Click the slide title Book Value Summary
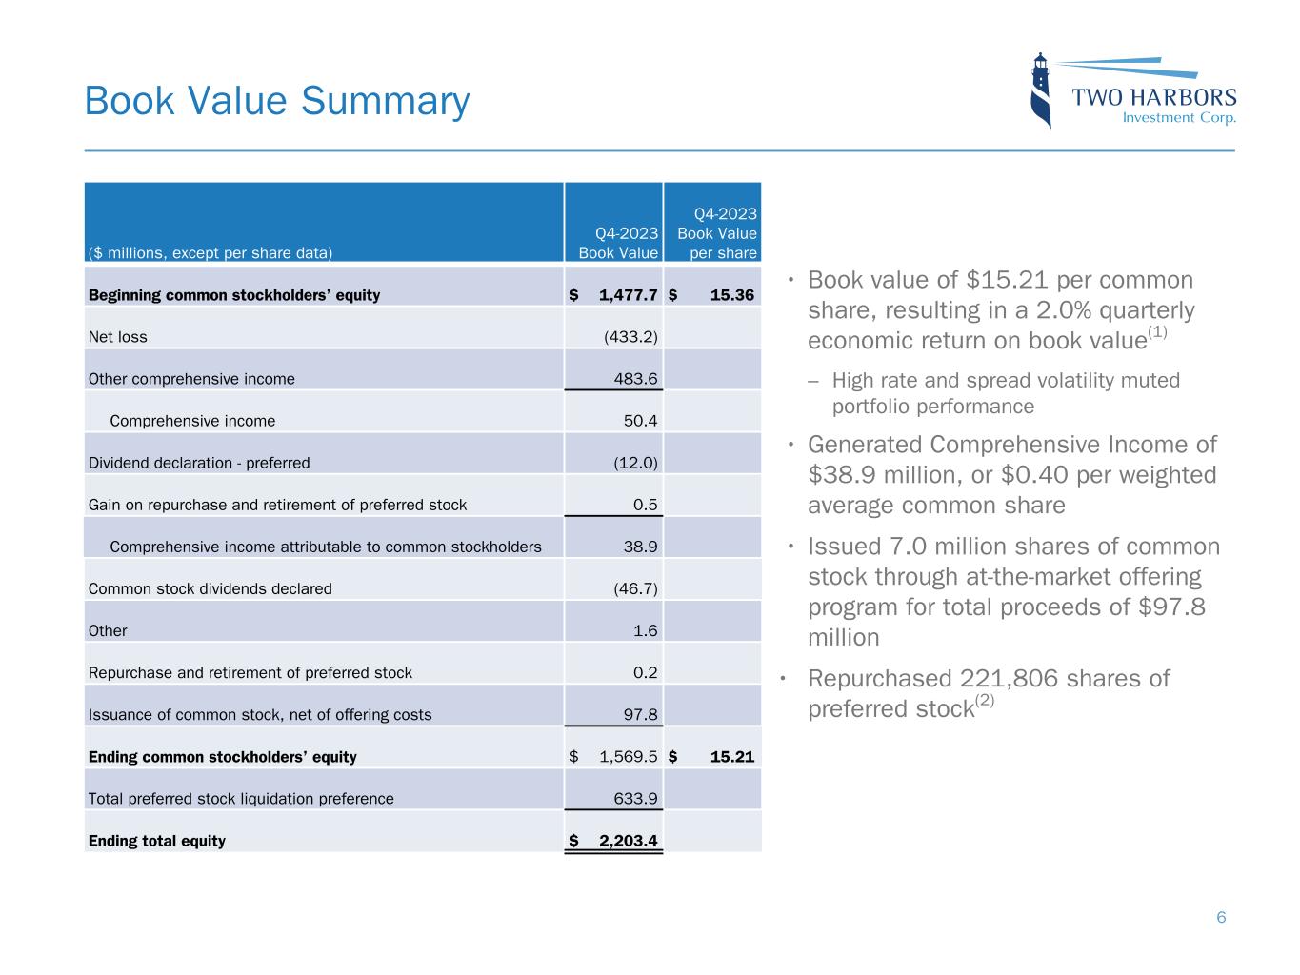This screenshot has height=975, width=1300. [x=277, y=101]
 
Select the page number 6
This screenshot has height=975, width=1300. [x=1221, y=917]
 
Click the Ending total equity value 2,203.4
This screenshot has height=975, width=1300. [x=628, y=841]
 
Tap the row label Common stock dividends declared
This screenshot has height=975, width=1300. [x=210, y=588]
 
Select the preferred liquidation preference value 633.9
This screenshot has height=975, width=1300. [x=636, y=799]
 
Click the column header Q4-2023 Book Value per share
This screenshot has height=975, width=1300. [x=716, y=233]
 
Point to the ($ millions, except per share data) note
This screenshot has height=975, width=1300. [x=210, y=253]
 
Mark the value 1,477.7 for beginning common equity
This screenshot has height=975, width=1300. [x=628, y=295]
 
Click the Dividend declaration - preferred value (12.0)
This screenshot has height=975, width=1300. [x=635, y=463]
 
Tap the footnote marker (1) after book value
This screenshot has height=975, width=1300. [x=1157, y=332]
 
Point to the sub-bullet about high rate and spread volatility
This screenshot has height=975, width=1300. [x=1005, y=393]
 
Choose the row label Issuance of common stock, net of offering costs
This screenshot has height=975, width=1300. [x=259, y=715]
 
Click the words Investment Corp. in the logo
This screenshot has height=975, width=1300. [x=1179, y=118]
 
